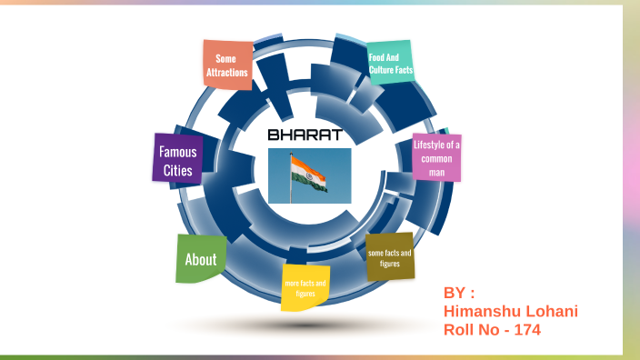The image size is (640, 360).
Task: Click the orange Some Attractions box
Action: (226, 65)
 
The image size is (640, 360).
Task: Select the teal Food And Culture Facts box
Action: (391, 63)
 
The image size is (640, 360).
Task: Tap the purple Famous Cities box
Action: (177, 160)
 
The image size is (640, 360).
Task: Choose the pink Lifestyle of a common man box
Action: (436, 157)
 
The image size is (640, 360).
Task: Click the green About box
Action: (201, 259)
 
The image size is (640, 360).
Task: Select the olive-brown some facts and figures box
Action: (389, 257)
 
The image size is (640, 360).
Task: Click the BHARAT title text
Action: (305, 135)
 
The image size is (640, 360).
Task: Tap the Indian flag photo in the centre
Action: (310, 176)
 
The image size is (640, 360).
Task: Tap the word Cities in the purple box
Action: (177, 170)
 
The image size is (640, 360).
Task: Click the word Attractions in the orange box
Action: (226, 72)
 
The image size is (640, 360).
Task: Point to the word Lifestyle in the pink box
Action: (436, 145)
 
